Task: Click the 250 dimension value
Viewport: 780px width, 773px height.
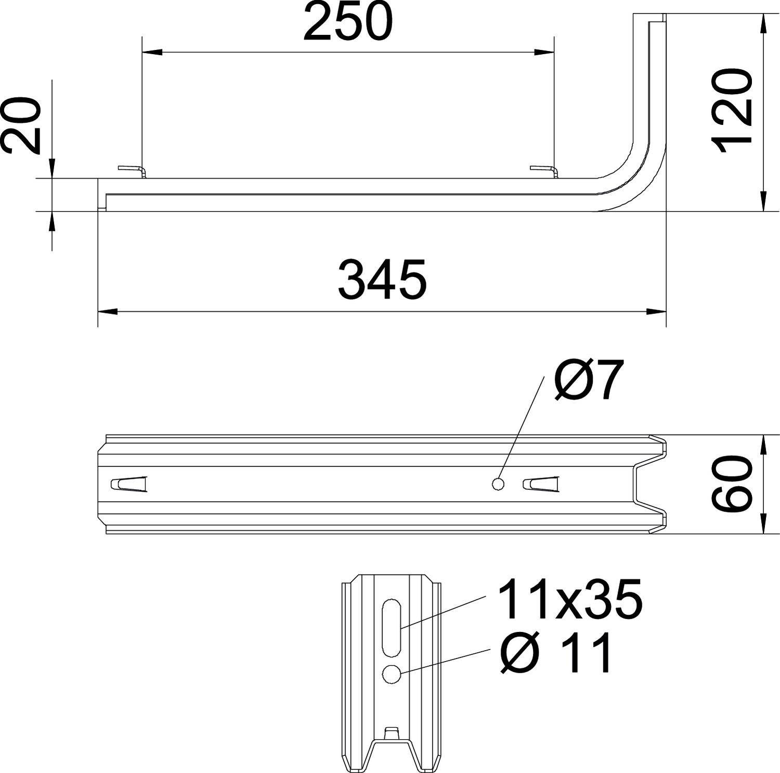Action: click(347, 22)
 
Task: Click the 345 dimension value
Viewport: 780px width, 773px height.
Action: click(382, 281)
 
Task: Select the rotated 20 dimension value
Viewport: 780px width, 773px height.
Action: click(21, 126)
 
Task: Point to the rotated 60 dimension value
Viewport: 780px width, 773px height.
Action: click(732, 485)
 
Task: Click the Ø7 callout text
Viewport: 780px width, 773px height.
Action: click(588, 381)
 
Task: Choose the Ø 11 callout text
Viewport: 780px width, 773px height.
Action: click(556, 654)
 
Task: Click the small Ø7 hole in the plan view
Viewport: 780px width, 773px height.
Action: click(498, 484)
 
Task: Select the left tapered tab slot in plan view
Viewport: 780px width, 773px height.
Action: click(129, 484)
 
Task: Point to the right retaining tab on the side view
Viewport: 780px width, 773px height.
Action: click(543, 170)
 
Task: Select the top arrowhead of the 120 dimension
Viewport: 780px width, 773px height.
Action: click(763, 23)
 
